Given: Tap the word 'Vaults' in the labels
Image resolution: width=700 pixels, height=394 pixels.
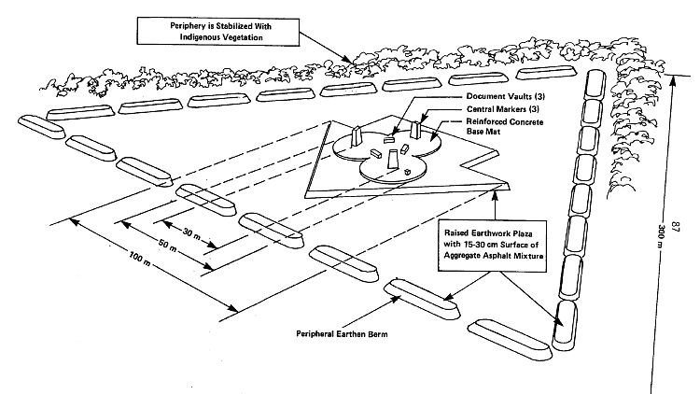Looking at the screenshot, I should [x=516, y=96].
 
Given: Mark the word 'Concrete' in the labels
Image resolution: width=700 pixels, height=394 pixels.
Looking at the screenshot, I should [x=528, y=121].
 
